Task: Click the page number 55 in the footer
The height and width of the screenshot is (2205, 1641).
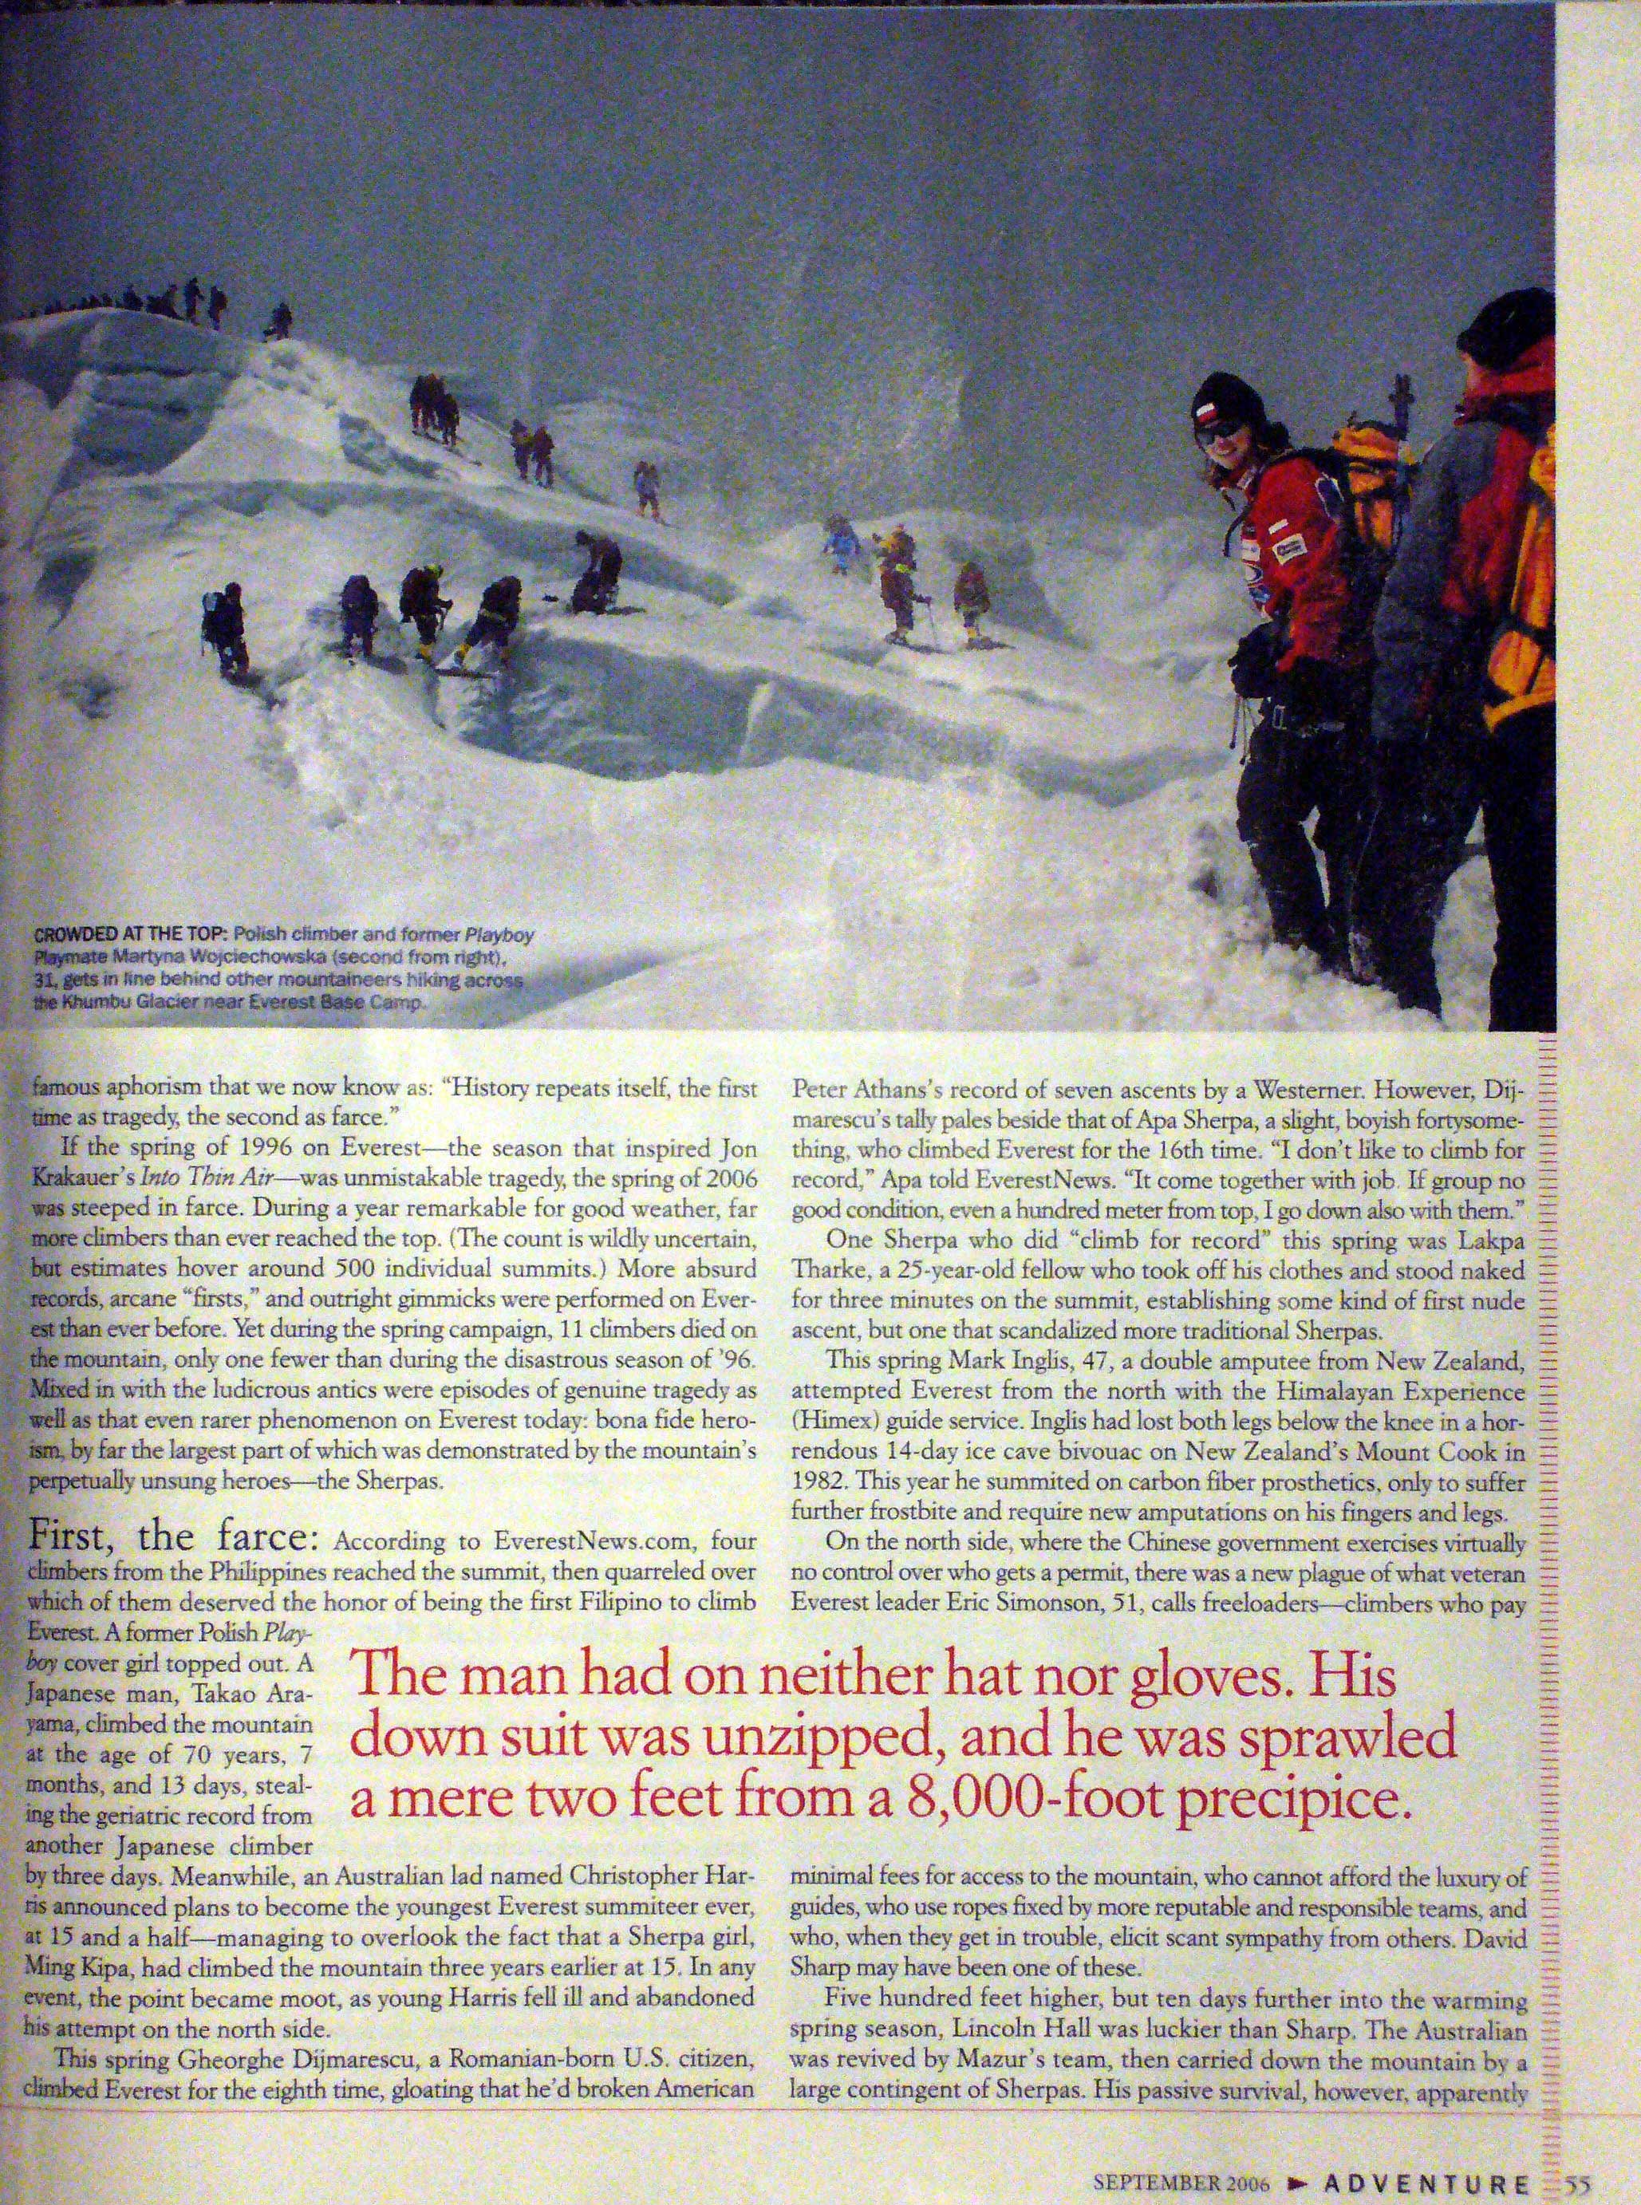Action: (x=1577, y=2181)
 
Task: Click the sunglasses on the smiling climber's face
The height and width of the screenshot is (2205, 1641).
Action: (x=1219, y=432)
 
